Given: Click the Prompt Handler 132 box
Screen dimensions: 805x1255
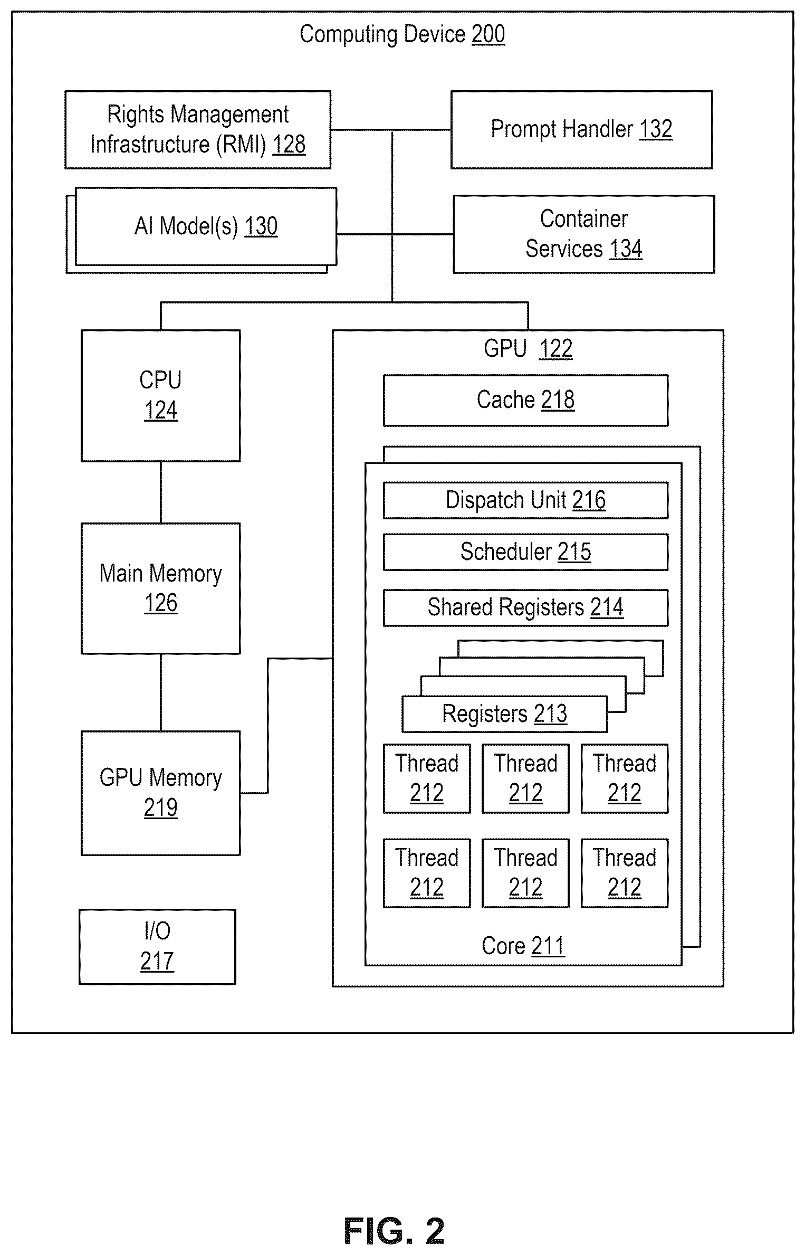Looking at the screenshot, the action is [581, 130].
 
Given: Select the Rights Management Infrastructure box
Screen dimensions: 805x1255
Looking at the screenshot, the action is [198, 130].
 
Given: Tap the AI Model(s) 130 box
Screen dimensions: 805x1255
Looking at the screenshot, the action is [206, 226].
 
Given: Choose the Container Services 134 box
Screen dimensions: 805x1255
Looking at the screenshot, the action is [584, 234].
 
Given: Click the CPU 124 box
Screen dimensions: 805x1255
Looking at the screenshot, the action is [161, 396].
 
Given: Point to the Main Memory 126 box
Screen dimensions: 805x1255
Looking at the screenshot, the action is [161, 588].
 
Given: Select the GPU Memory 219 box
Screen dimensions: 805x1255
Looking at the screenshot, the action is [161, 793].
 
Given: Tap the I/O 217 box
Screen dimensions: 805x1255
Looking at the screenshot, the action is [157, 947].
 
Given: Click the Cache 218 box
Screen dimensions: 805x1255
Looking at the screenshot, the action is [525, 401].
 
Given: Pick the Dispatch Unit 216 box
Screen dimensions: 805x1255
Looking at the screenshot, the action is [525, 500].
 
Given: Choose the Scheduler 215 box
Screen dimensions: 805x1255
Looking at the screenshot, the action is [525, 552].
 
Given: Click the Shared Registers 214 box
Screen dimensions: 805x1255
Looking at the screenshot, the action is [525, 608].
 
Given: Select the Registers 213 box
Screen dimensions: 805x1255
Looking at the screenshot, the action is [505, 715].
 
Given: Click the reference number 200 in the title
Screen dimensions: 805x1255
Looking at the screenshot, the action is [488, 35].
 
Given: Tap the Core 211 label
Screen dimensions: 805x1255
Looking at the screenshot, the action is [523, 946].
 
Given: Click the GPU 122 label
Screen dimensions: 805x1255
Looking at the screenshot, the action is [528, 349].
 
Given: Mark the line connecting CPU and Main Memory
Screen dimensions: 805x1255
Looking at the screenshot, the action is [161, 492].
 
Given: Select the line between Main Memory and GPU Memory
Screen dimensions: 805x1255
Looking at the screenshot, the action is [161, 692].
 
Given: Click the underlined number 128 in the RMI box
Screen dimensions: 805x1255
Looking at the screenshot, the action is [289, 145].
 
